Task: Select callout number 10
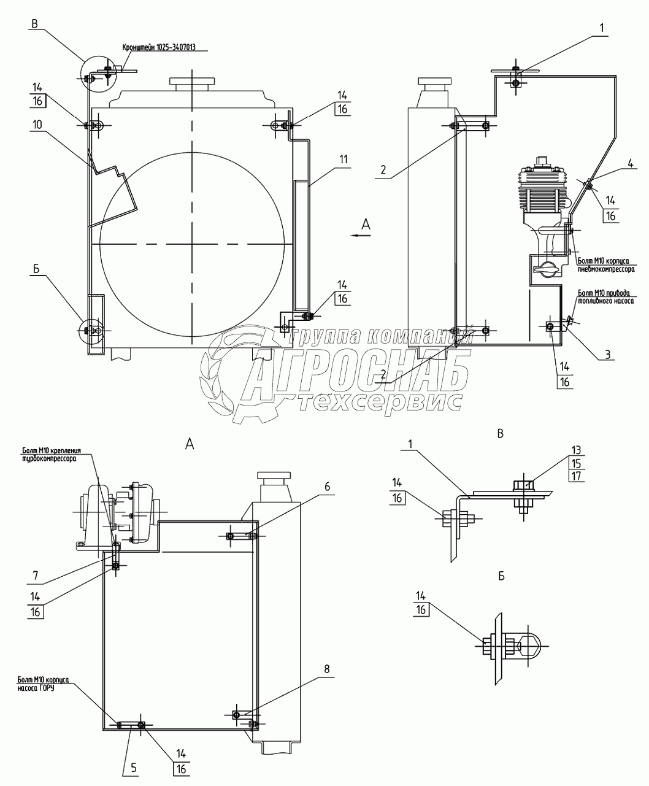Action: click(38, 124)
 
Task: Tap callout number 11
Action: click(342, 160)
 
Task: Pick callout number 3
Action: click(607, 355)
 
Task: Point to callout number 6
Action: click(328, 487)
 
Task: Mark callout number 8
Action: click(327, 669)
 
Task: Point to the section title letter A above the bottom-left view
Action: click(190, 443)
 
